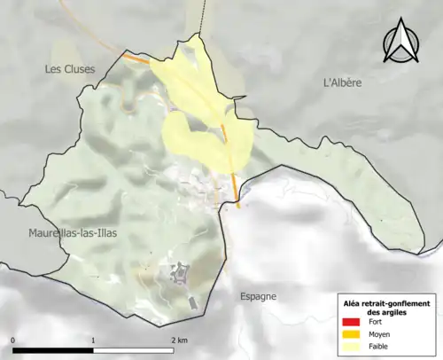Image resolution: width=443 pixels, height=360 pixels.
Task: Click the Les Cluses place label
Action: (x=69, y=68)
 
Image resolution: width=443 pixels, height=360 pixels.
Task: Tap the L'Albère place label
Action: (x=343, y=82)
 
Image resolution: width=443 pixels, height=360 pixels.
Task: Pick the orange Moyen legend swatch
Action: (x=351, y=334)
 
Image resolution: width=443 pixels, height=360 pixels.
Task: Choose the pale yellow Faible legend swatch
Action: (x=351, y=346)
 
